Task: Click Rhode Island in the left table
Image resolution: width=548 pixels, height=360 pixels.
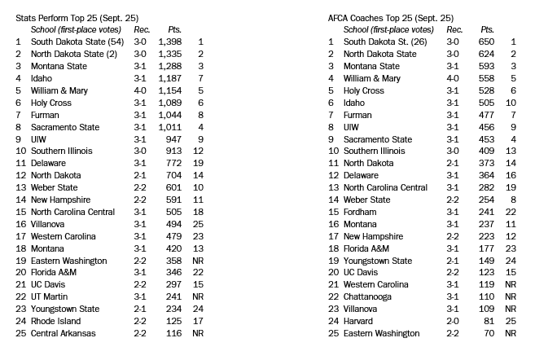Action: point(56,321)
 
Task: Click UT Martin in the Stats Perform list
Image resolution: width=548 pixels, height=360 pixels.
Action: point(53,296)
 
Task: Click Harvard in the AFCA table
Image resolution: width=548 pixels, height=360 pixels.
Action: point(360,321)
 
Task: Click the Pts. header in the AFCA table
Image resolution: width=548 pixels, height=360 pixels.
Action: point(488,29)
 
